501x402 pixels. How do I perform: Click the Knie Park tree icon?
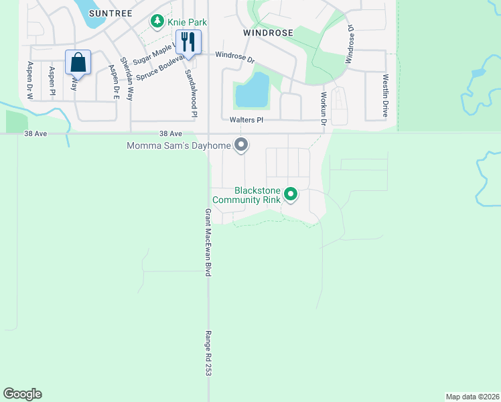[x=157, y=21]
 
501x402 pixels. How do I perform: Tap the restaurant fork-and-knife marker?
[x=188, y=42]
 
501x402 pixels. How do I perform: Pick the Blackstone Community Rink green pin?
[x=291, y=195]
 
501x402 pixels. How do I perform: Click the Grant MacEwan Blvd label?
[x=208, y=242]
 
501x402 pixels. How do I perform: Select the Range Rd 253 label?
[x=208, y=353]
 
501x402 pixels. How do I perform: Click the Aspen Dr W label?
[x=30, y=80]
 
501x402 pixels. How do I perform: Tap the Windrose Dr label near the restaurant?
[x=235, y=58]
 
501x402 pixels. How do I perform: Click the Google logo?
[x=22, y=394]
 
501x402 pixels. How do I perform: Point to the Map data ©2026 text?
[x=472, y=397]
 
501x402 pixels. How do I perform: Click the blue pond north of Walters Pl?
[x=252, y=91]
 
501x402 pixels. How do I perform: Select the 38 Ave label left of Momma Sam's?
[x=171, y=134]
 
